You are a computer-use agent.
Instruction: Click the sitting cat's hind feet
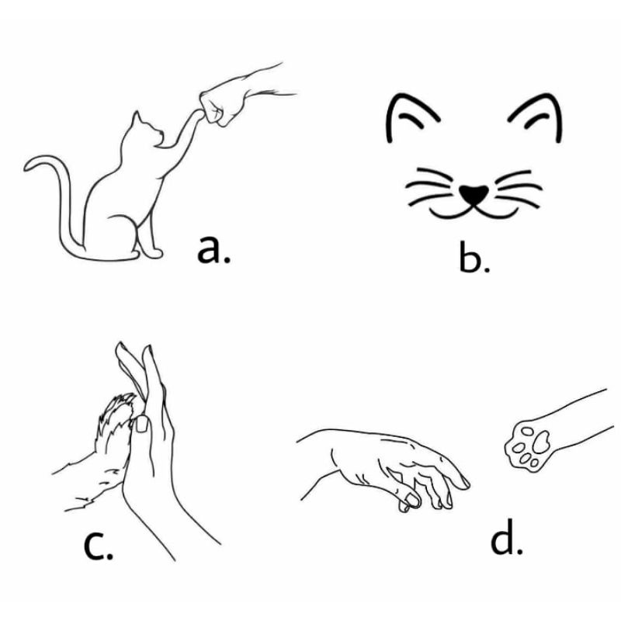pos(147,252)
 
